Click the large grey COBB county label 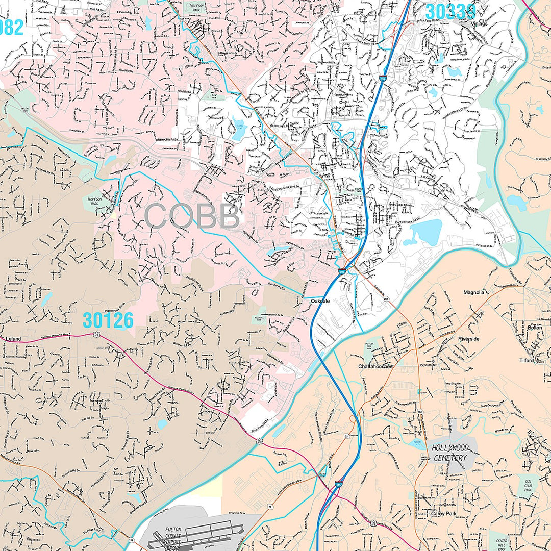click(x=192, y=216)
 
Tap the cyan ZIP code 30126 click(x=108, y=320)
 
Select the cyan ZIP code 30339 click(x=449, y=11)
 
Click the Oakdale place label click(x=320, y=301)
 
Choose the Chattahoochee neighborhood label click(x=375, y=366)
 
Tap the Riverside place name click(x=468, y=339)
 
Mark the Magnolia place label click(x=473, y=292)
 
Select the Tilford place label click(x=527, y=360)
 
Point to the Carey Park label click(x=442, y=514)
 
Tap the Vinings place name click(x=479, y=23)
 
